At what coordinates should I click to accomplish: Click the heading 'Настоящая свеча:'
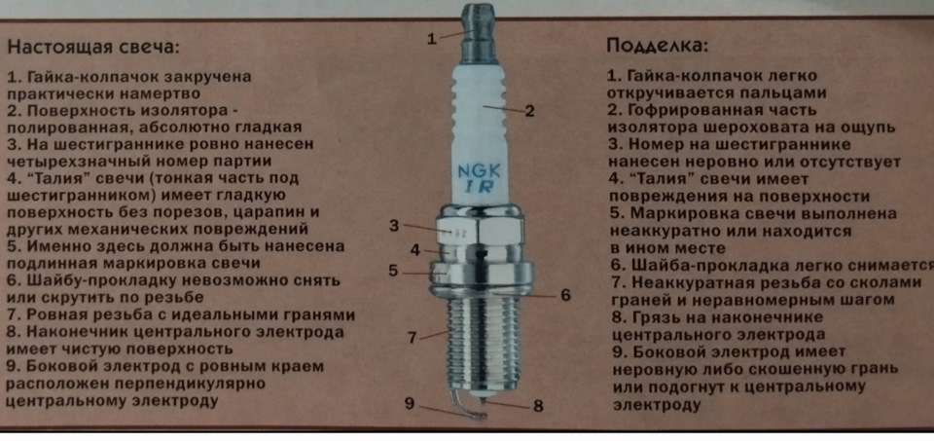(95, 46)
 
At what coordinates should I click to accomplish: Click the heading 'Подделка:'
(658, 45)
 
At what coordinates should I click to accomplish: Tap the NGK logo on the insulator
(475, 170)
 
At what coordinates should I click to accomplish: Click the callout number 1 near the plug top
(431, 39)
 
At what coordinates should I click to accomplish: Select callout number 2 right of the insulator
(530, 110)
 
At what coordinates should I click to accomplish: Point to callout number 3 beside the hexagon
(394, 226)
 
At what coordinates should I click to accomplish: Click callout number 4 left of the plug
(413, 249)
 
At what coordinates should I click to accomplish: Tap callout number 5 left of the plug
(394, 271)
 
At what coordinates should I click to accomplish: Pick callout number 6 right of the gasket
(564, 294)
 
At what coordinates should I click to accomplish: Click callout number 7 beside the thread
(413, 337)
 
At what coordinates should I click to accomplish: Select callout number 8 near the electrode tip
(537, 406)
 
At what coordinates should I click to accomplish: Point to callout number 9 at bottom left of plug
(410, 402)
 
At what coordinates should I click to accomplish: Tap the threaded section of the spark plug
(475, 341)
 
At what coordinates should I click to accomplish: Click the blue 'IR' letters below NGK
(475, 187)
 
